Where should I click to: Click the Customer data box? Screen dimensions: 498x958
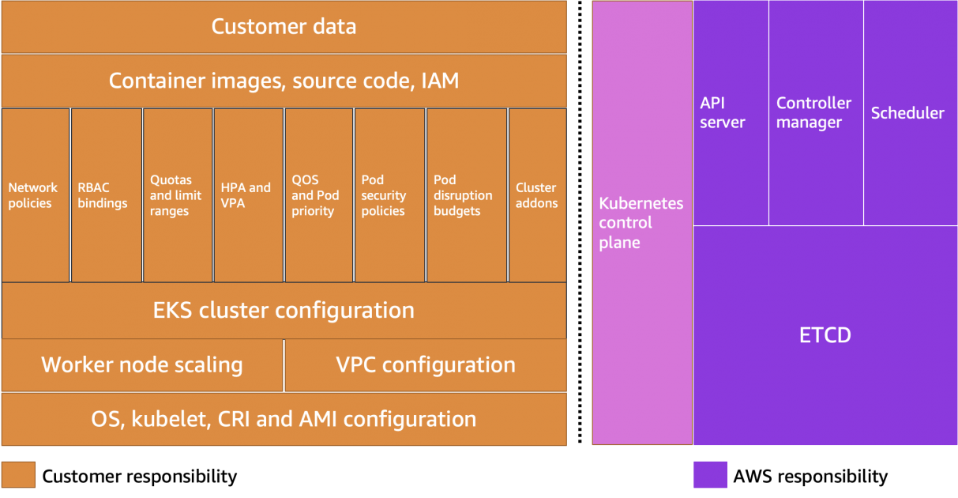[x=284, y=27]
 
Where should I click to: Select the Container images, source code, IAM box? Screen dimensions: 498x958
[x=284, y=81]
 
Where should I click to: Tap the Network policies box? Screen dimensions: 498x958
[x=36, y=195]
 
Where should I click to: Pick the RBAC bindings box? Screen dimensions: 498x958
[x=107, y=195]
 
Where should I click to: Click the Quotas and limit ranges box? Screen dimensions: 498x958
[x=177, y=195]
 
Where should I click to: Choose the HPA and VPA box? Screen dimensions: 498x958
[x=248, y=195]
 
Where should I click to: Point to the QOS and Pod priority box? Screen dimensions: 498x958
[x=318, y=195]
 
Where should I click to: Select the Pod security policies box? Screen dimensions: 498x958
[x=389, y=195]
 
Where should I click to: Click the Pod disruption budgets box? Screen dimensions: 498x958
[x=466, y=195]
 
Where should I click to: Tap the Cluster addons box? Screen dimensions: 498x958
[x=537, y=195]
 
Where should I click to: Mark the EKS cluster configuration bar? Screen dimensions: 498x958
[x=284, y=310]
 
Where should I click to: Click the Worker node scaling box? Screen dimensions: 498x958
[x=142, y=364]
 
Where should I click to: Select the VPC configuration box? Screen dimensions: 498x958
[x=425, y=364]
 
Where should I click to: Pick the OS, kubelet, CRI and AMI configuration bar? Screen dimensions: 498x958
[x=284, y=418]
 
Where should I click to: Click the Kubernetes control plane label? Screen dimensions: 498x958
[x=641, y=223]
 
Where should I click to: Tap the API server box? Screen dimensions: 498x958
[x=731, y=113]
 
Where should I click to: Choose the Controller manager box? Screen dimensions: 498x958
[x=815, y=113]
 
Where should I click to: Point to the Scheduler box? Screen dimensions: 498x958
[x=910, y=113]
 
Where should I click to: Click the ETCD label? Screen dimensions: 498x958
[x=825, y=335]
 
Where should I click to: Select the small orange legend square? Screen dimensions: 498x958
[x=18, y=474]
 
